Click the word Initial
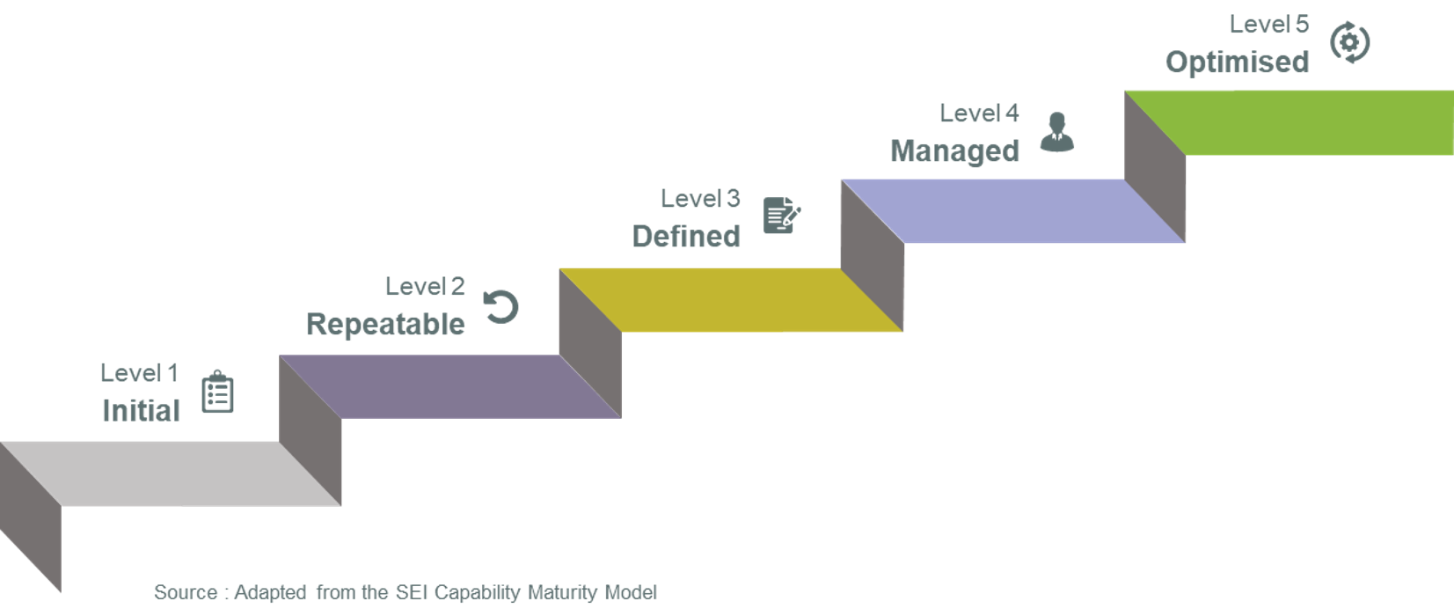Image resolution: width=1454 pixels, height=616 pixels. tap(141, 411)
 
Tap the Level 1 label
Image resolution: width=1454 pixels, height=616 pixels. tap(139, 373)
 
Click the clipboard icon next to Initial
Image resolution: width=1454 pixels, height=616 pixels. tap(217, 392)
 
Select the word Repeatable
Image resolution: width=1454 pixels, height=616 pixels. tap(385, 325)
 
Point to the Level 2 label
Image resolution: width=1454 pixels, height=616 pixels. tap(424, 286)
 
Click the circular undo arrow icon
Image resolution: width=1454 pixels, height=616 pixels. tap(502, 307)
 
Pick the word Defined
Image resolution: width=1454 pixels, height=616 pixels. tap(686, 237)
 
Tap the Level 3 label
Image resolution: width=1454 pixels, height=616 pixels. tap(700, 199)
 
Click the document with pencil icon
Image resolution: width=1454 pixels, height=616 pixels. tap(781, 216)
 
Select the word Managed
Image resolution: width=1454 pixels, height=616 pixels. tap(954, 151)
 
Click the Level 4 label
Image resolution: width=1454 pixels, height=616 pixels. tap(979, 114)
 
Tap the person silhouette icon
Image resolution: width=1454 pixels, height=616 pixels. tap(1056, 132)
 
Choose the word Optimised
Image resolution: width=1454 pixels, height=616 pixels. tap(1237, 62)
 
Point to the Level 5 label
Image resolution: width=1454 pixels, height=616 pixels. tap(1268, 25)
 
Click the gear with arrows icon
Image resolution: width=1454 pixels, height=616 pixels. tap(1349, 42)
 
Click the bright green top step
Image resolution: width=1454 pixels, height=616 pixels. tap(1302, 122)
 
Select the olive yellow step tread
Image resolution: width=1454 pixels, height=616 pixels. tap(730, 299)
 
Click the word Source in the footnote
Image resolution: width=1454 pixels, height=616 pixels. tap(186, 592)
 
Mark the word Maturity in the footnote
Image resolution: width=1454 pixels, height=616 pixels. tap(563, 592)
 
